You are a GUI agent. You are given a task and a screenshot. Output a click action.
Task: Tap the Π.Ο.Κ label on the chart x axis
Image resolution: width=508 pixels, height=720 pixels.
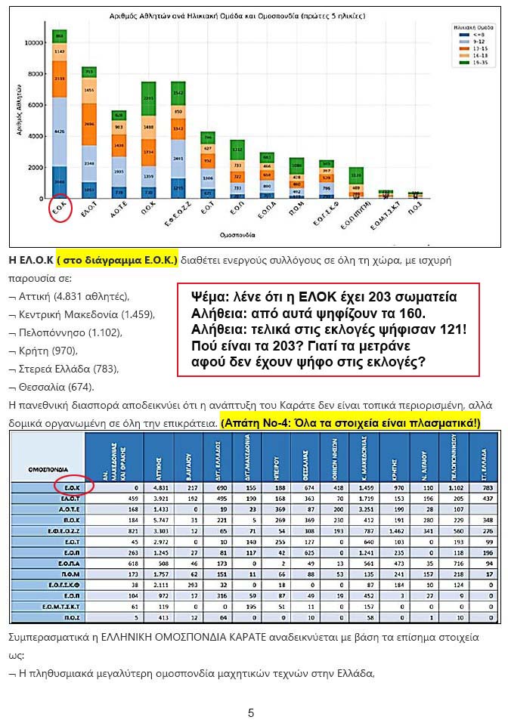click(148, 209)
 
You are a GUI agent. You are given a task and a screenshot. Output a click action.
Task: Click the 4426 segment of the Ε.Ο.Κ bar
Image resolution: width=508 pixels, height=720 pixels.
click(60, 131)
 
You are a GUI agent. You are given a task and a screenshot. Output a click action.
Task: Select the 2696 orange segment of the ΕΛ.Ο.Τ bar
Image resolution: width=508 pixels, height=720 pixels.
click(89, 124)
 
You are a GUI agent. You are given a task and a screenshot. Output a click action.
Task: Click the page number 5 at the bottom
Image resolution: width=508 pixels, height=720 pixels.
click(251, 712)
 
